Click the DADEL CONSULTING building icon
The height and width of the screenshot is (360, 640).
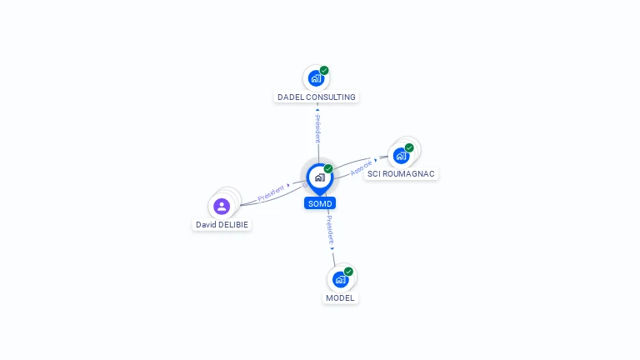[316, 78]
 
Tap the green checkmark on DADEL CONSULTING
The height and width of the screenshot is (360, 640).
[324, 70]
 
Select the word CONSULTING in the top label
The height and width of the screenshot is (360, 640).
[331, 97]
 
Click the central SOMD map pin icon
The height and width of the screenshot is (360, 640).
[320, 179]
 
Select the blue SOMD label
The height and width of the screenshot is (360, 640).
[320, 203]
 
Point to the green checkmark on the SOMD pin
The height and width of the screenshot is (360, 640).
[328, 168]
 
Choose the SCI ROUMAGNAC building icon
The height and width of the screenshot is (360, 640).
[401, 156]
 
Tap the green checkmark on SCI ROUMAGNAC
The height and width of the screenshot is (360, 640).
[409, 147]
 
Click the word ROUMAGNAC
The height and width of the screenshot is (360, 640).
[408, 174]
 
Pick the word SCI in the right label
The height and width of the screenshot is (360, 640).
[374, 174]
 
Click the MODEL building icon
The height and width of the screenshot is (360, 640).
[340, 280]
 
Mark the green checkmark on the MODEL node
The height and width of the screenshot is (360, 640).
[348, 272]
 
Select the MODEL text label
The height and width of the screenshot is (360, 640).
[340, 298]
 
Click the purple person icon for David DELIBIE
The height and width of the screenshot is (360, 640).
[222, 207]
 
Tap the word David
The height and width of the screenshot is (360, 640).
[205, 224]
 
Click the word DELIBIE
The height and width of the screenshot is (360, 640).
[232, 224]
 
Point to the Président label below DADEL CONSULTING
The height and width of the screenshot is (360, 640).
[318, 128]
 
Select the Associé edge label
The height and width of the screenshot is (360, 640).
[361, 168]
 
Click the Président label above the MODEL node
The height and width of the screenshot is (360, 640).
[330, 231]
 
